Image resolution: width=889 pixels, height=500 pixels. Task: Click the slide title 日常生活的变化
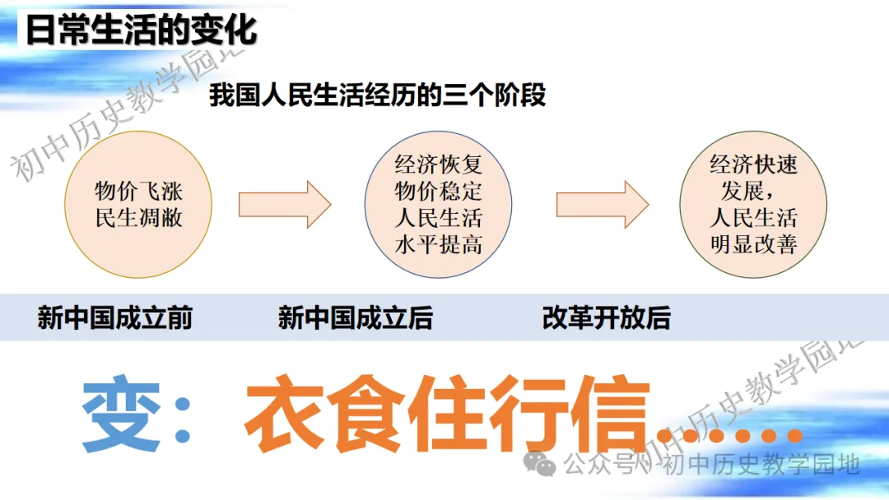pyautogui.click(x=142, y=30)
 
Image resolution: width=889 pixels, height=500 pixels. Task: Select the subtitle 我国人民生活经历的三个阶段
pyautogui.click(x=378, y=95)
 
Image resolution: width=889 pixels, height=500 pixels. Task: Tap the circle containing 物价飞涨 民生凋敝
pyautogui.click(x=138, y=205)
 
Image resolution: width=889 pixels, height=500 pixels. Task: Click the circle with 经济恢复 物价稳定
pyautogui.click(x=438, y=205)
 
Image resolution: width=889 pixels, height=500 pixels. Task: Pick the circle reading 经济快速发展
pyautogui.click(x=753, y=205)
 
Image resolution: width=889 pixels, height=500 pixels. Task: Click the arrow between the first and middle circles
pyautogui.click(x=285, y=205)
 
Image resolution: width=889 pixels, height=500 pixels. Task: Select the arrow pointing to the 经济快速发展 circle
pyautogui.click(x=602, y=205)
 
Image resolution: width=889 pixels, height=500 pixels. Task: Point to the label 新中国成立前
pyautogui.click(x=115, y=317)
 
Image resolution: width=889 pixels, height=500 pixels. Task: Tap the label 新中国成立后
pyautogui.click(x=356, y=317)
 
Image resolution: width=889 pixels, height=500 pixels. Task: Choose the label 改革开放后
pyautogui.click(x=607, y=317)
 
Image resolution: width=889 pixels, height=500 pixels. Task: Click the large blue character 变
pyautogui.click(x=121, y=414)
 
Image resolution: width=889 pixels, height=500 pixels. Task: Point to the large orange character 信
pyautogui.click(x=610, y=414)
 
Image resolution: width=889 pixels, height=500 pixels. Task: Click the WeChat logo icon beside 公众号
pyautogui.click(x=539, y=464)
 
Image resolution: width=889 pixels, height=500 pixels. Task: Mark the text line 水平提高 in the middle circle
pyautogui.click(x=438, y=244)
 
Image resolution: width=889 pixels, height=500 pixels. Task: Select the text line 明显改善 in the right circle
pyautogui.click(x=753, y=244)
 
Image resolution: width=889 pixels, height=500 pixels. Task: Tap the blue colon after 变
pyautogui.click(x=183, y=419)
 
